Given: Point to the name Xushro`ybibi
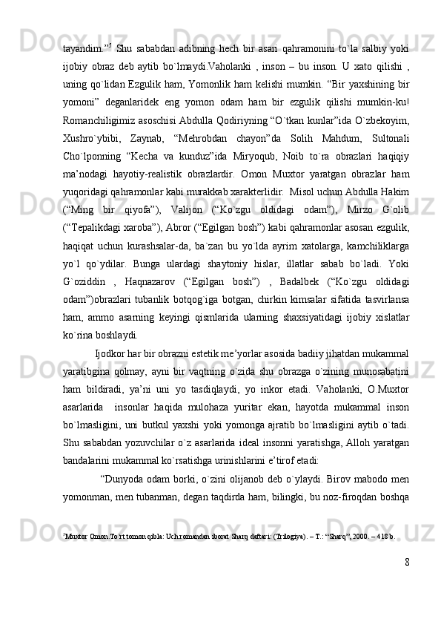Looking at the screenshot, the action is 90,118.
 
